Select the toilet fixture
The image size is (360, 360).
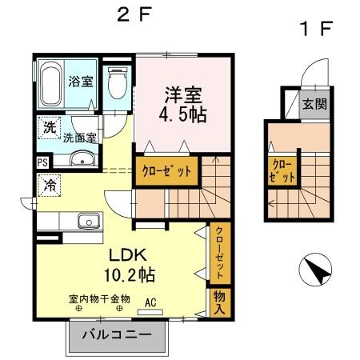coord(117,82)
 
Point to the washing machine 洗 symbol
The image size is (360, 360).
coord(50,127)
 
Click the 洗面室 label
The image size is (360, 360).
coord(81,138)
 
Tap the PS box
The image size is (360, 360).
coord(42,161)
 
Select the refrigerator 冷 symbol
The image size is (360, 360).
coord(49,183)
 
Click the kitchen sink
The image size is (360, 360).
coord(85,221)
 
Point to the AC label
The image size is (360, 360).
coord(150,302)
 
